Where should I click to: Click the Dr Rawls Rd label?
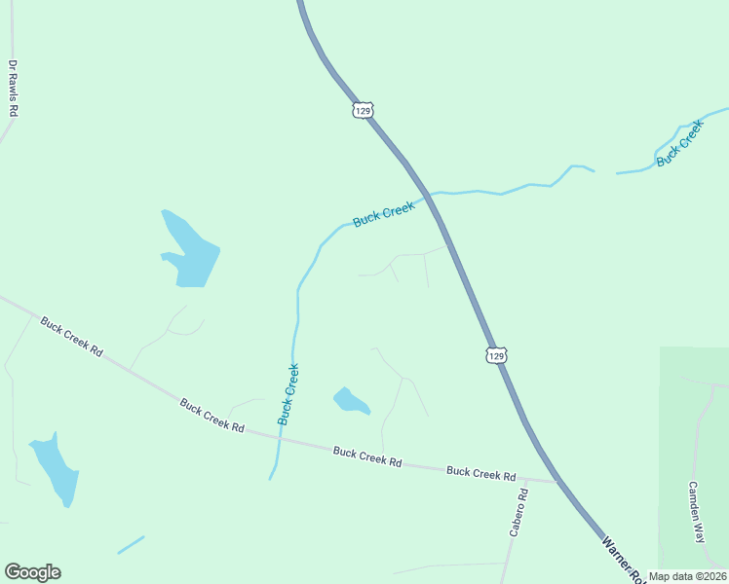coord(13,89)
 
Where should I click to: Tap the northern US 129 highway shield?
coord(363,110)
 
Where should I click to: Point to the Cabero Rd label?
coord(518,512)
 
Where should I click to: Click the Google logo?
coord(32,572)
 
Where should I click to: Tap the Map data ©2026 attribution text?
coord(687,576)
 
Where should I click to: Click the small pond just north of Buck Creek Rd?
coord(351,401)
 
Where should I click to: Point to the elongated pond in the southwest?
coord(55,468)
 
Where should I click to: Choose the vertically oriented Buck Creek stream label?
coord(288,394)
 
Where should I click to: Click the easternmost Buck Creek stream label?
coord(679,143)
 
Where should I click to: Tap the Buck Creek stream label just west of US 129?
coord(384,213)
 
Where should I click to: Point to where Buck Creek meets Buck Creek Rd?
coord(280,438)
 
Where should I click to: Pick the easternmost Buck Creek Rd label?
coord(480,473)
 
